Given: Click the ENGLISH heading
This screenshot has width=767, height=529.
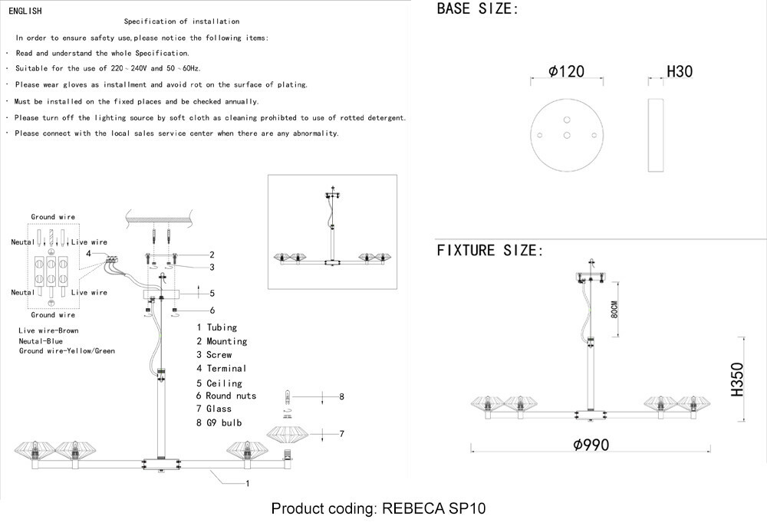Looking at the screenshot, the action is (x=25, y=11).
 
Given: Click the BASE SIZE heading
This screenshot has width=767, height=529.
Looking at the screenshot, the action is (x=477, y=8).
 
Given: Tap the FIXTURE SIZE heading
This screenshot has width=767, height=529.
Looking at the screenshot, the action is (x=490, y=251).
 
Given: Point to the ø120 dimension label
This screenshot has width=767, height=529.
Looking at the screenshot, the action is (x=567, y=71).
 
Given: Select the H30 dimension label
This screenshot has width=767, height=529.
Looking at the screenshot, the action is (x=680, y=71).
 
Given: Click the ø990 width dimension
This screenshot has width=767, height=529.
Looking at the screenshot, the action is (x=591, y=445).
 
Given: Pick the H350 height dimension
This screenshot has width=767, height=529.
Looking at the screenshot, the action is (x=737, y=379).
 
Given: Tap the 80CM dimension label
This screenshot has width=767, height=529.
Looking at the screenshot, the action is (x=614, y=310).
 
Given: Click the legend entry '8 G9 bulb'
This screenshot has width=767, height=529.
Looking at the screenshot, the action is (x=219, y=423).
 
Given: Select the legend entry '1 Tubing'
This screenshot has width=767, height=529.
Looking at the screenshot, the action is (x=217, y=327).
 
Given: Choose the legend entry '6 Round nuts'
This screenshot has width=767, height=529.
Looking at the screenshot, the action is (x=226, y=396).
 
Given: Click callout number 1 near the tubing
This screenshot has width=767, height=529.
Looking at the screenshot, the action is (x=248, y=484).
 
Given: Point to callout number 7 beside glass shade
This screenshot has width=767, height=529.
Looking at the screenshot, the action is (x=342, y=434).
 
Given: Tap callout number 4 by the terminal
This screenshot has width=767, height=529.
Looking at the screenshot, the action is (x=88, y=253).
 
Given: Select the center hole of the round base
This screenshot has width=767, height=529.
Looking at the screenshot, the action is (x=567, y=136).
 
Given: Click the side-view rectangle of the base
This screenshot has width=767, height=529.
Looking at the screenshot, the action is (x=656, y=136).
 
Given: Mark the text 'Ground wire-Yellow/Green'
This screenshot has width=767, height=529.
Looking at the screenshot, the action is (x=67, y=350).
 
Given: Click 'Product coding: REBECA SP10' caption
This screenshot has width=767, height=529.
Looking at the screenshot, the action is (x=379, y=508).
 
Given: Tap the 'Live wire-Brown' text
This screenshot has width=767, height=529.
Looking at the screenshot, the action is (x=48, y=330).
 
